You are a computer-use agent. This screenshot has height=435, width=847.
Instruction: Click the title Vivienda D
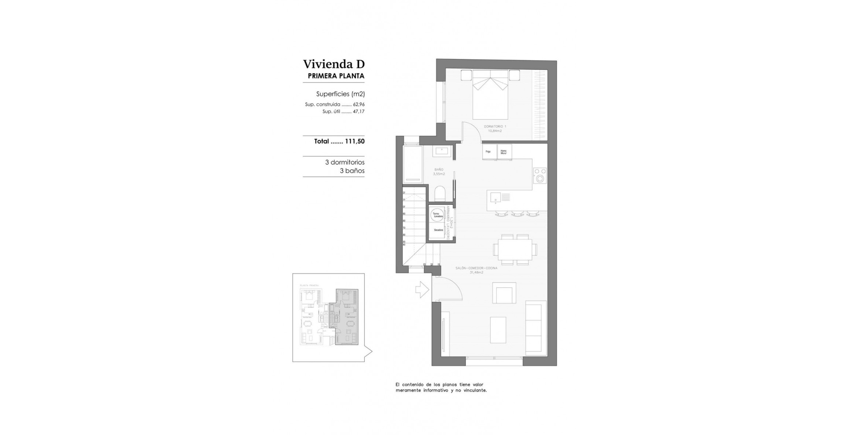(x=333, y=64)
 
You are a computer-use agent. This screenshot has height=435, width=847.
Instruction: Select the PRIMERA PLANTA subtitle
(x=336, y=76)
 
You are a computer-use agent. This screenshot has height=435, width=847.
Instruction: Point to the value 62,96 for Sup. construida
(x=359, y=105)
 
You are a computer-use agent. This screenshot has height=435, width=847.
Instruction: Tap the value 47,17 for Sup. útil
(x=359, y=112)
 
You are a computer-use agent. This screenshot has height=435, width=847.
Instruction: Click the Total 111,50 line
(x=339, y=141)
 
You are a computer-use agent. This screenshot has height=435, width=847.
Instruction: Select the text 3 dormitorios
(x=344, y=162)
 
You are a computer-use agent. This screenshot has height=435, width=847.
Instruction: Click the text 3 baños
(x=352, y=171)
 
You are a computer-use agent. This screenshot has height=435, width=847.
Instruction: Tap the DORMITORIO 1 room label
(x=495, y=128)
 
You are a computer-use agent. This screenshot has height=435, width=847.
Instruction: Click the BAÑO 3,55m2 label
(x=439, y=172)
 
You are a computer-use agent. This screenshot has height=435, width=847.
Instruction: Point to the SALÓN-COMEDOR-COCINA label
(x=476, y=270)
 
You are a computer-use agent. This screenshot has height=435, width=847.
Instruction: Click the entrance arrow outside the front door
(x=422, y=290)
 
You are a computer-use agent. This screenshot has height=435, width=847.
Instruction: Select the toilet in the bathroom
(x=440, y=194)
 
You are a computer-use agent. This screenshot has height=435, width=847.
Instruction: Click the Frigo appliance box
(x=489, y=152)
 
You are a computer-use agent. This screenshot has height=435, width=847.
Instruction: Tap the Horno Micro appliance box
(x=504, y=152)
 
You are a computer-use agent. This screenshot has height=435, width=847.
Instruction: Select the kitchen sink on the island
(x=496, y=198)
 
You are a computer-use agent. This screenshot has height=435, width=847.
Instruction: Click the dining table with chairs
(x=515, y=250)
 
